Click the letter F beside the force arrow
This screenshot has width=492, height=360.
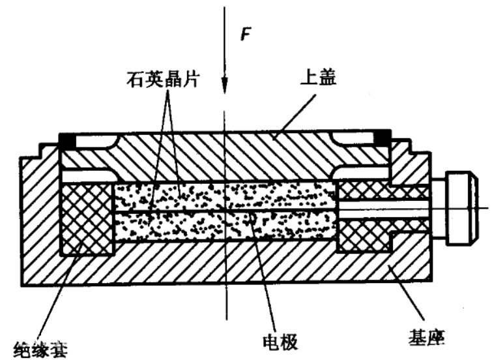(246, 34)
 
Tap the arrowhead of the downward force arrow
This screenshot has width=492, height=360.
(224, 85)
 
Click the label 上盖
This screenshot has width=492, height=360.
(319, 77)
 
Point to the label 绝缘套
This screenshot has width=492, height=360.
(40, 350)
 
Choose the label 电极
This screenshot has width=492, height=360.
(280, 342)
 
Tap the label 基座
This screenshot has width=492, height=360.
(426, 338)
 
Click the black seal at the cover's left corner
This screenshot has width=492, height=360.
(68, 140)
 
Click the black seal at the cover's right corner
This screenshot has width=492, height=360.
(383, 137)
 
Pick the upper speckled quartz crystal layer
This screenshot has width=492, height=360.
(224, 195)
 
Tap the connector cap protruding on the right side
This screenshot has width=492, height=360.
(462, 208)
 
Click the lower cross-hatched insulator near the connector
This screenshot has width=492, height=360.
(364, 235)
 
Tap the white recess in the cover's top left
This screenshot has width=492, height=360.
(94, 141)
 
